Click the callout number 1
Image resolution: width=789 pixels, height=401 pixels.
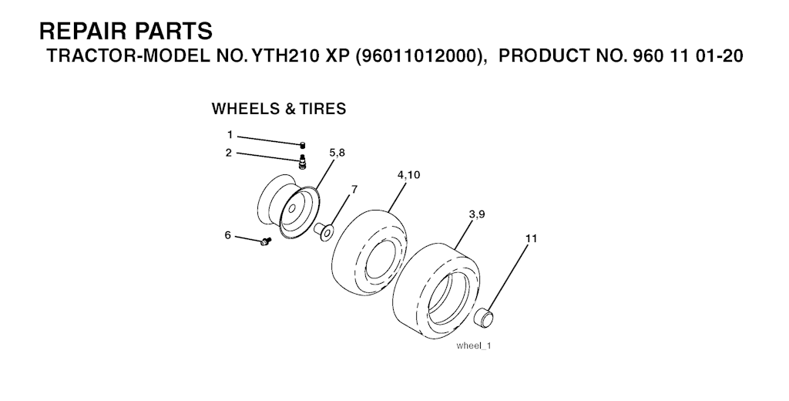coord(230,134)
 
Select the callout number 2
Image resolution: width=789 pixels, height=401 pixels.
coord(229,153)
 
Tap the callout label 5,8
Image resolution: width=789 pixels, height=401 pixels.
coord(337,153)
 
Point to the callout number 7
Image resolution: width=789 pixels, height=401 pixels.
coord(354,189)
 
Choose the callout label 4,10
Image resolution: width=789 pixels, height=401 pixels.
coord(408,175)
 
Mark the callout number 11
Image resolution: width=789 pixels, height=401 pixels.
coord(531,238)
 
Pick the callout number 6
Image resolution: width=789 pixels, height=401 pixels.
coord(227,234)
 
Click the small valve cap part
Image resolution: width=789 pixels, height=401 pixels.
coord(303,146)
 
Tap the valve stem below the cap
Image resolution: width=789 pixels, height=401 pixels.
coord(302,161)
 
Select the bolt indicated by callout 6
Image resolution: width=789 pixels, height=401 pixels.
coord(265,241)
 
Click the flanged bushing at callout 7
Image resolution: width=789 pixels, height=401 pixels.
coord(323,232)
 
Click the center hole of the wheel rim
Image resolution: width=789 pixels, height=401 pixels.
coord(290,207)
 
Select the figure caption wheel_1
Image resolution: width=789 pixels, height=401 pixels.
coord(474,346)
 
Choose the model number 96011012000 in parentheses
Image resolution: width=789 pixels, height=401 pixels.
coord(418,56)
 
